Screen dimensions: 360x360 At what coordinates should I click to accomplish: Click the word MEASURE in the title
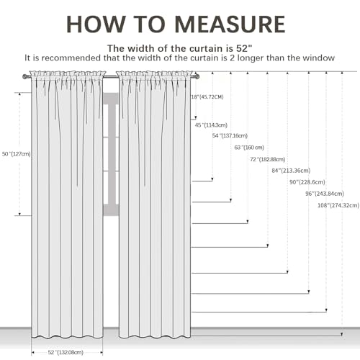pos(230,24)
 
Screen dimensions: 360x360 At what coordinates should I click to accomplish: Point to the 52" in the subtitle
pos(244,48)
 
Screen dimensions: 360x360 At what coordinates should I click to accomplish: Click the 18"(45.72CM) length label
pos(207,97)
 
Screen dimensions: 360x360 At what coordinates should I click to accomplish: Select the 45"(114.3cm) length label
pos(211,125)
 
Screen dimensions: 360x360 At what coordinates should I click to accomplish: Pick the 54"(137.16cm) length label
pos(230,136)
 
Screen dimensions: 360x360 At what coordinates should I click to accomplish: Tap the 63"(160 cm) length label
pos(249,148)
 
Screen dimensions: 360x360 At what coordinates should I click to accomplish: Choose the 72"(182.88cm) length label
pos(268,159)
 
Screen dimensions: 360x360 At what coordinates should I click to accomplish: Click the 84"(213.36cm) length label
pos(291,171)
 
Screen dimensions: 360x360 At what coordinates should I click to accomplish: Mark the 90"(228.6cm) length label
pos(307,182)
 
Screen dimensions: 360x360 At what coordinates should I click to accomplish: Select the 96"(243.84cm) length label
pos(325,194)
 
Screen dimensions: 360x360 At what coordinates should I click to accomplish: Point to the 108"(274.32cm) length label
pos(338,205)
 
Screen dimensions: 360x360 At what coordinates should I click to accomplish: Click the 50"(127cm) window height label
pos(17,154)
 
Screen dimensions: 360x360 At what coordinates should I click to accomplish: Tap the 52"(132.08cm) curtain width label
pos(66,352)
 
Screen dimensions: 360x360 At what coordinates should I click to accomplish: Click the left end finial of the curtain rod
pos(26,77)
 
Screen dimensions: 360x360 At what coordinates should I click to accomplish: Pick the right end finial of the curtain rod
pos(197,76)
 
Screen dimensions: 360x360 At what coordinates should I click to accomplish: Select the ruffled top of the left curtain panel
pos(68,73)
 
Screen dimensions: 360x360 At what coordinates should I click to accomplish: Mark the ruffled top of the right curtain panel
pos(156,73)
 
